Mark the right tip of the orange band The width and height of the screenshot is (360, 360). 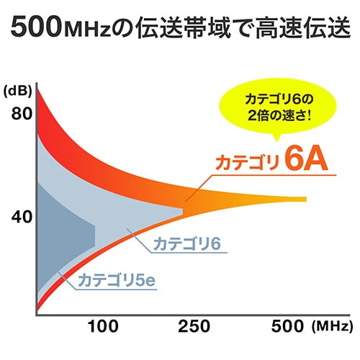305,199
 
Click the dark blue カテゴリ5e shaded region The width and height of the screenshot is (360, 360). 65,230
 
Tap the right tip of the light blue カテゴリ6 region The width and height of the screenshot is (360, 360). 181,210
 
